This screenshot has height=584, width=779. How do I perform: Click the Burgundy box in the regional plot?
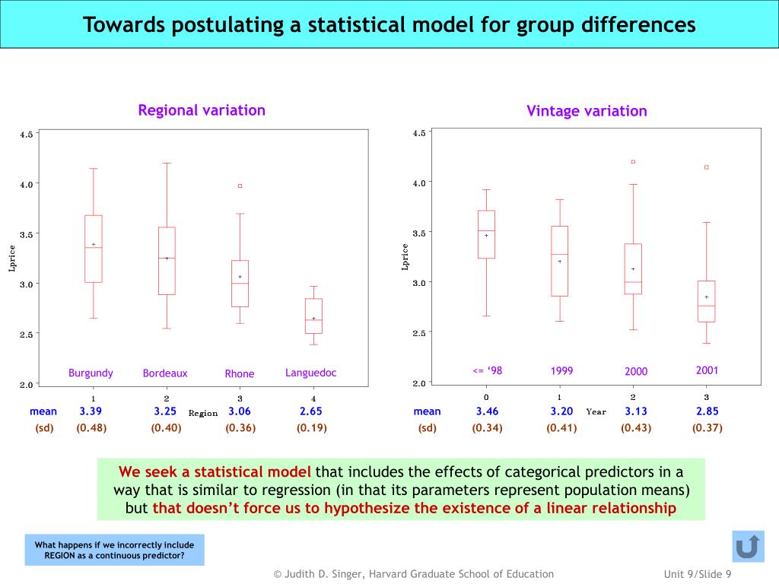(x=94, y=249)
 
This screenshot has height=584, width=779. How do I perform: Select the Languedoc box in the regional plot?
(x=313, y=316)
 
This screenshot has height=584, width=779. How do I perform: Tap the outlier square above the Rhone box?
(x=240, y=186)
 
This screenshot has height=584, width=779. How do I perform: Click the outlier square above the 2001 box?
(x=707, y=167)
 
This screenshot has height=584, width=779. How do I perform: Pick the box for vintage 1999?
(x=559, y=261)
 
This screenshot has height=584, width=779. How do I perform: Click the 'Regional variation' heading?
(x=202, y=110)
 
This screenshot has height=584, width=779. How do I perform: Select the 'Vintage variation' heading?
(x=587, y=111)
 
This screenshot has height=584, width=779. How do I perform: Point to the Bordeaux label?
(x=165, y=373)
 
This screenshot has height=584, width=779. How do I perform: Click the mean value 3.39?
(x=91, y=411)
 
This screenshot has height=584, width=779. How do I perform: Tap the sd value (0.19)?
(x=312, y=427)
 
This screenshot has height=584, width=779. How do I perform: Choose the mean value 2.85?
(x=707, y=411)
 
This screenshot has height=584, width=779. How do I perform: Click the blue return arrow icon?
(x=748, y=547)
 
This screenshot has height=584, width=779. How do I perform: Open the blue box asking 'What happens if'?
(x=114, y=550)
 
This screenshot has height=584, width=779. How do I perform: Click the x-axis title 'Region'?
(x=203, y=414)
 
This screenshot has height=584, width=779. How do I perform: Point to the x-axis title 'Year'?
(x=596, y=412)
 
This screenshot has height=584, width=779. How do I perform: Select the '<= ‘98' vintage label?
(x=488, y=371)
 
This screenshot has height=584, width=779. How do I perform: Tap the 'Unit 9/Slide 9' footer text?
(x=698, y=574)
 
